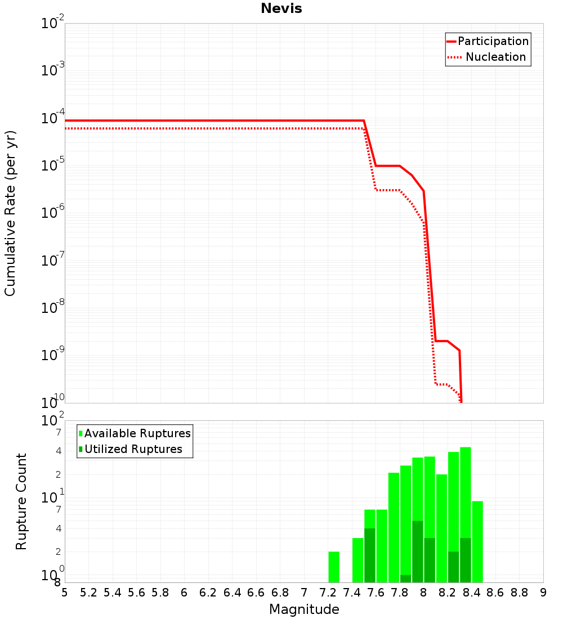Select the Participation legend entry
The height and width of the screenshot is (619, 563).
point(493,41)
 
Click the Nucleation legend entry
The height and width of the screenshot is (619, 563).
point(495,57)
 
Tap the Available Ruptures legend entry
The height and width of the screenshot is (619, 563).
point(137,433)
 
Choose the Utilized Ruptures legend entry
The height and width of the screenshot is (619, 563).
point(133,449)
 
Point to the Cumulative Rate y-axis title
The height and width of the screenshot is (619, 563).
point(10,213)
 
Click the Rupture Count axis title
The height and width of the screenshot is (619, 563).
point(21,501)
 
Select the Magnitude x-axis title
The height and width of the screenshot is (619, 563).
point(304,609)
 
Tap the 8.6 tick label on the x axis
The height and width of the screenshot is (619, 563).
point(495,592)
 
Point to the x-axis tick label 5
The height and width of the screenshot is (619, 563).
point(65,592)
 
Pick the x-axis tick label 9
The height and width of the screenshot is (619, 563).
point(543,592)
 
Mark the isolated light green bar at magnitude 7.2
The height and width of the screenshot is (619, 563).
point(334,567)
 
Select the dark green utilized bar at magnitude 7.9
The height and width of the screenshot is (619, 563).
point(418,551)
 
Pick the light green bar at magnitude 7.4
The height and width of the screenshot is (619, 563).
point(358,560)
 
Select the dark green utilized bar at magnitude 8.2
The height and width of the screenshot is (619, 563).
point(453,567)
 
